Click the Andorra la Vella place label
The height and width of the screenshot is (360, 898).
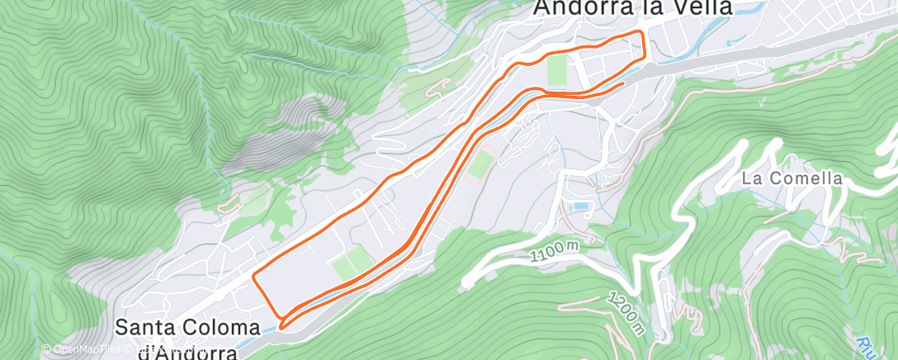(x=633, y=7)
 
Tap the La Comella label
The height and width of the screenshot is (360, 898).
(x=792, y=178)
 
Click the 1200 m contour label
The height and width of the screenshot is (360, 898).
(x=624, y=314)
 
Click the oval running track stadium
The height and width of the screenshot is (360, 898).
(x=480, y=163)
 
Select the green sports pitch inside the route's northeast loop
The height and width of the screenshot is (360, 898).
(x=557, y=69)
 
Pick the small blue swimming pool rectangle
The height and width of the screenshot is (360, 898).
(x=583, y=206)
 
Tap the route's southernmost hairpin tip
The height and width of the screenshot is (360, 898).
(x=281, y=326)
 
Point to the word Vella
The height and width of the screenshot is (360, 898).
(x=699, y=7)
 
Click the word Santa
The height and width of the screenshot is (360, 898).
(x=140, y=327)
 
